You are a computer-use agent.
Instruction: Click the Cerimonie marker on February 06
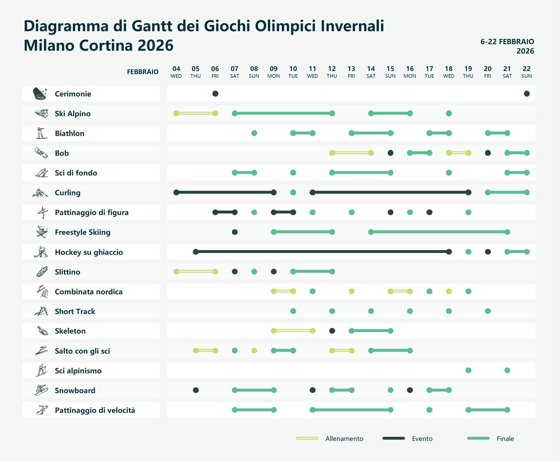coord(215,94)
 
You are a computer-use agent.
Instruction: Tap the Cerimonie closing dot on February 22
coord(526,94)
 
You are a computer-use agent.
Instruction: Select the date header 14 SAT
coord(371,72)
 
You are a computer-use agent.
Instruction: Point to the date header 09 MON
coord(273,72)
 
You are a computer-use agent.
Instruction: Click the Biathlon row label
coord(69,133)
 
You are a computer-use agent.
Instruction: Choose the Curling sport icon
coord(40,193)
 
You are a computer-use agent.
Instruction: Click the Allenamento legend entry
coord(344,439)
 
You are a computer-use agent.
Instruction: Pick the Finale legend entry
coord(505,439)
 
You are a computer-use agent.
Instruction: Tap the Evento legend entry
coord(422,439)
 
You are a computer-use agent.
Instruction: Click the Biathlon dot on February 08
coord(254,133)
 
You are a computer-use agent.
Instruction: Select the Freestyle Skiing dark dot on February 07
coord(235,232)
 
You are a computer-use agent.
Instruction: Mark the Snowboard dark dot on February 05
coord(196,390)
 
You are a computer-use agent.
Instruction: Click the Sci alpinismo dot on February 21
coord(507,370)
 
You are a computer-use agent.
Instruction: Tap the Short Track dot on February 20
coord(488,311)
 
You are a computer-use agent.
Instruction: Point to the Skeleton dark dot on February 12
coord(332,331)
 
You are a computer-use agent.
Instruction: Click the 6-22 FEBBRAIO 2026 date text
coord(507,46)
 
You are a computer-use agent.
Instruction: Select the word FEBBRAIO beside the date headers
coord(143,72)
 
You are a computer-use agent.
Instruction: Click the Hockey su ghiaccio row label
coord(89,252)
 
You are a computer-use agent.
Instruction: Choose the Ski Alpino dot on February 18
coord(449,113)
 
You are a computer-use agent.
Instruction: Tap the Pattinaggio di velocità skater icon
coord(42,410)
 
